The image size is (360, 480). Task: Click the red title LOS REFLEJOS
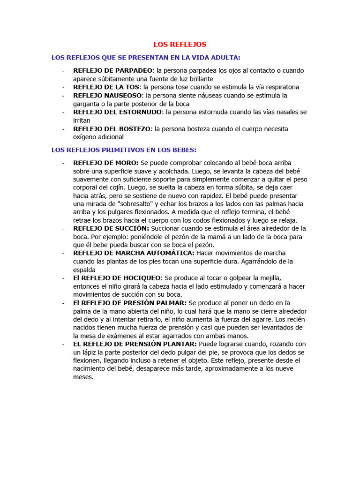(180, 45)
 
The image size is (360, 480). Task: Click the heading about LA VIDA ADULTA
(146, 58)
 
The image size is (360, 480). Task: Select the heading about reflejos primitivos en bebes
(124, 150)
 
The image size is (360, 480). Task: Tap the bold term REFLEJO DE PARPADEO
(106, 70)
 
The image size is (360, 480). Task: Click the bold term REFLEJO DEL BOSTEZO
(112, 128)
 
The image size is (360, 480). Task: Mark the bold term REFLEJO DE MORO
(106, 163)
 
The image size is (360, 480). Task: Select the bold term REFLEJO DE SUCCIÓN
(111, 228)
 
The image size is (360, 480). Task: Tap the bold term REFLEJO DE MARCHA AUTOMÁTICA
(134, 253)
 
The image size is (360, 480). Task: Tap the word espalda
(84, 270)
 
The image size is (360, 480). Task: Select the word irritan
(82, 120)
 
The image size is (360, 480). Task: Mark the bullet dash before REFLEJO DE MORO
(63, 163)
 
